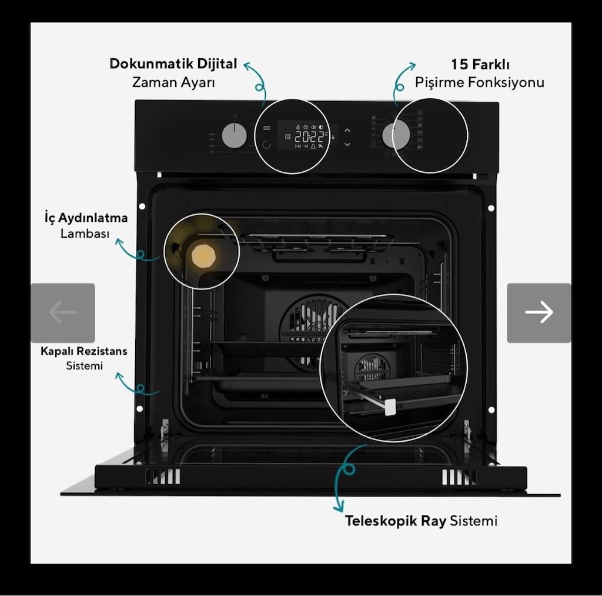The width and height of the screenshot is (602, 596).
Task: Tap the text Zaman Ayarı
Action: click(173, 82)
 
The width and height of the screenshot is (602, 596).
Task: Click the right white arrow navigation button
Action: click(539, 312)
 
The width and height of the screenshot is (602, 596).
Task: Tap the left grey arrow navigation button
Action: click(63, 312)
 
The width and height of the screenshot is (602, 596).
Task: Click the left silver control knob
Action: click(234, 135)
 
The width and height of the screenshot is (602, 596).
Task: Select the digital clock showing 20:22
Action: click(309, 137)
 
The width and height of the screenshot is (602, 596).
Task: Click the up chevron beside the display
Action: click(347, 130)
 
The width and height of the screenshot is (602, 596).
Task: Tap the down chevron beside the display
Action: click(347, 145)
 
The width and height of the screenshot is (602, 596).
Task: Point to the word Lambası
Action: click(85, 234)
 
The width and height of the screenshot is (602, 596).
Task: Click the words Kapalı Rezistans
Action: click(83, 351)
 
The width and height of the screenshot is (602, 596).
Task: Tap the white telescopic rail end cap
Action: click(390, 407)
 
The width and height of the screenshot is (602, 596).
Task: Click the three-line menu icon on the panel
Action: click(266, 128)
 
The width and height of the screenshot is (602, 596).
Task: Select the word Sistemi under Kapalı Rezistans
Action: click(85, 366)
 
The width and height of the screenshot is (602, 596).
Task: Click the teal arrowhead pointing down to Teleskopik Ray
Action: click(338, 507)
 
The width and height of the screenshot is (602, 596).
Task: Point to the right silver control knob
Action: click(396, 135)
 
